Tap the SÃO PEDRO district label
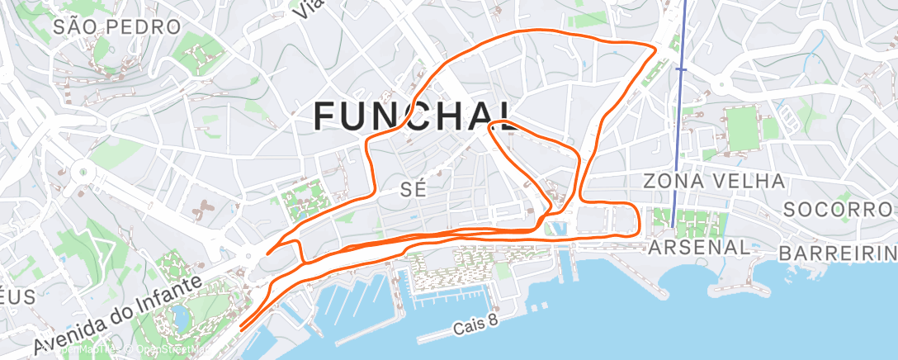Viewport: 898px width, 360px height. (116, 27)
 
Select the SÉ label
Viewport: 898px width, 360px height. (413, 189)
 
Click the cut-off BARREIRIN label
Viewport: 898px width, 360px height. (837, 251)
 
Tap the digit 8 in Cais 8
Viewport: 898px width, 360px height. (493, 322)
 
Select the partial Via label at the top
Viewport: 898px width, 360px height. (310, 7)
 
